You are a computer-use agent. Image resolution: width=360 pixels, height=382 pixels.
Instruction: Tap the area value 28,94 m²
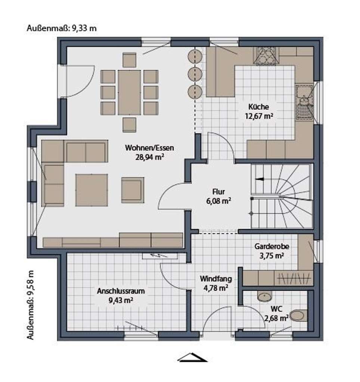pos(149,157)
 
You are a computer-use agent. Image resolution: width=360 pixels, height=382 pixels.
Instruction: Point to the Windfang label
pos(215,279)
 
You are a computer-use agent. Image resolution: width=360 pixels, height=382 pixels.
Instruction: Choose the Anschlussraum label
pos(115,291)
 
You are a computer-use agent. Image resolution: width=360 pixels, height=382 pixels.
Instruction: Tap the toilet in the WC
pos(299,316)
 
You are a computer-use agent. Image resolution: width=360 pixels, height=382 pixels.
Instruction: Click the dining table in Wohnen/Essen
pos(129,92)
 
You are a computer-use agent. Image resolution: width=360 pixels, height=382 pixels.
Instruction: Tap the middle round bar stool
pos(195,74)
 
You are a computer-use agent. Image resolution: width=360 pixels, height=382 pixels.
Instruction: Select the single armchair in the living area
pos(132,190)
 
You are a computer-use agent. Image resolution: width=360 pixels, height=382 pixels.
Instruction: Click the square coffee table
pos(91,190)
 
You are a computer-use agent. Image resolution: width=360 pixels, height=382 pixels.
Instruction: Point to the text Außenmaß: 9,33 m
pos(62,28)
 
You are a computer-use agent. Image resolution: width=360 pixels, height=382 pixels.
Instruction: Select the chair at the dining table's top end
pos(129,60)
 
